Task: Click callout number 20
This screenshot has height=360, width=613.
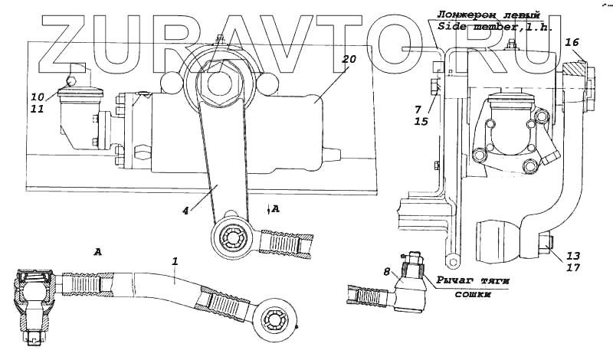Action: [x=350, y=60]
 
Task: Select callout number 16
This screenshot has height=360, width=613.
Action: [x=572, y=44]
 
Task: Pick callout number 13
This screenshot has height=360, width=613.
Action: [x=573, y=256]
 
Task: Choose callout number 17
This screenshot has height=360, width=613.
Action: [x=573, y=268]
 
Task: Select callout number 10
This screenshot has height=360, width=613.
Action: [x=38, y=97]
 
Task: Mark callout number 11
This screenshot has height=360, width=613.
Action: [x=38, y=110]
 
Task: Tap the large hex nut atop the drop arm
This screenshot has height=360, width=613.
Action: [x=222, y=80]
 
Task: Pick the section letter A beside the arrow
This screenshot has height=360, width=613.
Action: [x=275, y=208]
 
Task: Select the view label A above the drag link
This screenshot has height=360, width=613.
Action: [x=97, y=250]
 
